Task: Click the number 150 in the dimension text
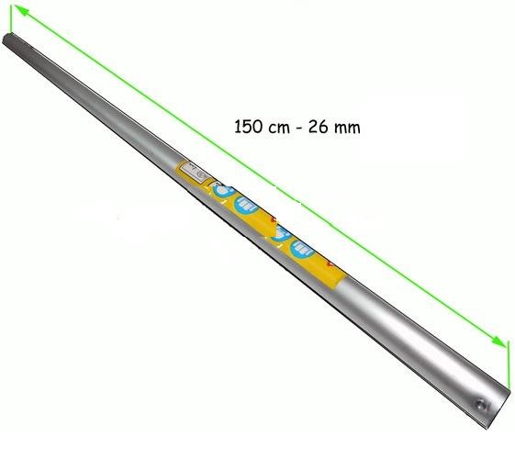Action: [251, 126]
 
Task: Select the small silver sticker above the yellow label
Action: [196, 171]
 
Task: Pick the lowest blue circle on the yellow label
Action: [300, 249]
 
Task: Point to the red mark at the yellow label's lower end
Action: [331, 266]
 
